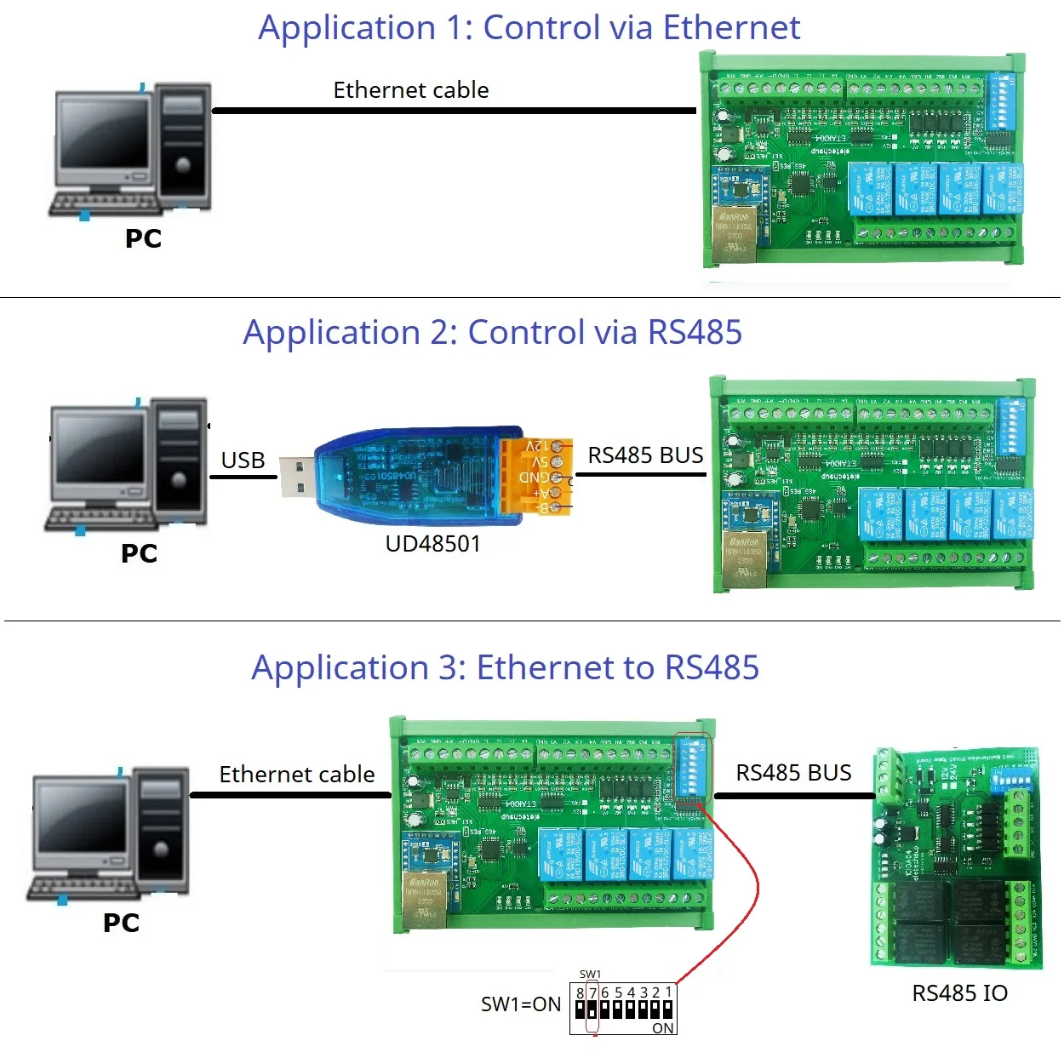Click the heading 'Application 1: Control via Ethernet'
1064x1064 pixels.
click(529, 28)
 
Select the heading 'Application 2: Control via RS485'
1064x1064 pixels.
click(492, 333)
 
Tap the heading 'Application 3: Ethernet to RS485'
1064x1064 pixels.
click(505, 668)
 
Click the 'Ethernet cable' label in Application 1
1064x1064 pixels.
click(410, 90)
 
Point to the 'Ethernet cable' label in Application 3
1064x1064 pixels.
click(296, 775)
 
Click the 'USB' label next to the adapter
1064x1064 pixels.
click(243, 460)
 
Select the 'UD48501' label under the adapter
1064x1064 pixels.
click(432, 544)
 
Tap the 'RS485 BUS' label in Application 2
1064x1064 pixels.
click(645, 455)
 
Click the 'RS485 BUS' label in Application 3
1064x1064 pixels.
click(792, 773)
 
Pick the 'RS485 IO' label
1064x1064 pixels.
click(959, 993)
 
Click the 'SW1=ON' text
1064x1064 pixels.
click(521, 1004)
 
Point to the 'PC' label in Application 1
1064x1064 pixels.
click(143, 239)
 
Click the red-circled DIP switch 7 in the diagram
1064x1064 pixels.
click(592, 1010)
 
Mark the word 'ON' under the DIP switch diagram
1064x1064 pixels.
click(662, 1028)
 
